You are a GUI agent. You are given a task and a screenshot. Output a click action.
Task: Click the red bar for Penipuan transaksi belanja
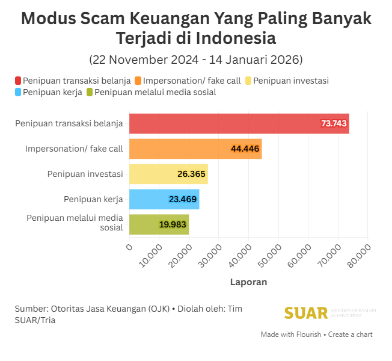point(239,123)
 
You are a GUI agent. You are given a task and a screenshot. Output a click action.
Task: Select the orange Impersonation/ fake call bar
point(195,149)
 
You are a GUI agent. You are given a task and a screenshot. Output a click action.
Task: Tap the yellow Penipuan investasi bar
point(168,174)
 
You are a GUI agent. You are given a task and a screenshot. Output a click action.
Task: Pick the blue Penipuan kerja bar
point(164,199)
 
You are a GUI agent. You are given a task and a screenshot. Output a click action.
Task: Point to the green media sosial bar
point(159,224)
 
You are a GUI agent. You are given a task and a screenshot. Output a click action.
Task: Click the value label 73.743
point(334,123)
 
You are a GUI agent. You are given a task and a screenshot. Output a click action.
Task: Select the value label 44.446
point(245,149)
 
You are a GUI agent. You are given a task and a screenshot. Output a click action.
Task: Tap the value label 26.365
point(192,174)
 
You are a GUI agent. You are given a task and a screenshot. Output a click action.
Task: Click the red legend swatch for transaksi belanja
point(19,81)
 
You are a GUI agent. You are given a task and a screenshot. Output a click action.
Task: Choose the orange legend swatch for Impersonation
point(138,81)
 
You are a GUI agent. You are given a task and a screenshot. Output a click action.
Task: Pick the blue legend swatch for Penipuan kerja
point(19,92)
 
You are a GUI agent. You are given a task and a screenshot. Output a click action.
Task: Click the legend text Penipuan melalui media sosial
point(155,92)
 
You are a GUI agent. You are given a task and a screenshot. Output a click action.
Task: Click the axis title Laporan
point(248,282)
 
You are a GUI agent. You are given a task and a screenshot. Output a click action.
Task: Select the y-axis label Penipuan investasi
point(85,174)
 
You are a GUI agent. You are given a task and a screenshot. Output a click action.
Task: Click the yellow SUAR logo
point(306,313)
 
